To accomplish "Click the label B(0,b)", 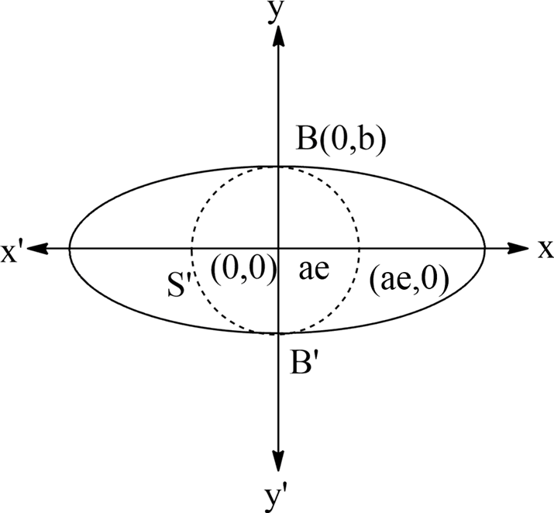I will (341, 141).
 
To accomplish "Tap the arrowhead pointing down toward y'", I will (278, 462).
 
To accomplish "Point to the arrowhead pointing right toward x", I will (519, 248).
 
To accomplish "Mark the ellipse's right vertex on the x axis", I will (485, 248).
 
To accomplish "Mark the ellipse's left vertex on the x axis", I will (70, 248).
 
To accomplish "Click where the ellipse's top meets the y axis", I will (278, 166).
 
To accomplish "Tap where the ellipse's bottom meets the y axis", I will (278, 333).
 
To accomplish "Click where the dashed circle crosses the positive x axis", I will (360, 248).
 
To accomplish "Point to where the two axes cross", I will (278, 248).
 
